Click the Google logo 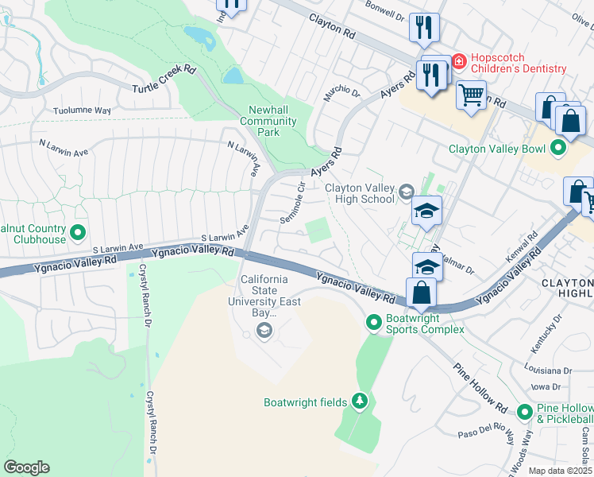pos(26,467)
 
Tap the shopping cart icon pos(472,95)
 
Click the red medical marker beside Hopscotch pos(458,60)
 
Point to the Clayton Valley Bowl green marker pos(558,147)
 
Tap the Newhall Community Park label pos(268,122)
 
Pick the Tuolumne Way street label pos(82,111)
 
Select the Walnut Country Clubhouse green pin pos(78,233)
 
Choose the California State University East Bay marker pos(264,333)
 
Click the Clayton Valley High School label pos(360,193)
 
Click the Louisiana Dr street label pos(548,370)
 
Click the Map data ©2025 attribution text pos(560,471)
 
